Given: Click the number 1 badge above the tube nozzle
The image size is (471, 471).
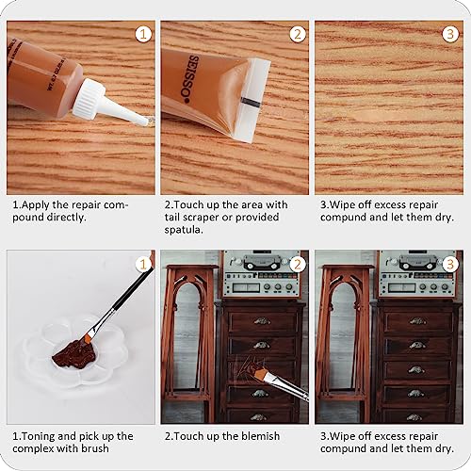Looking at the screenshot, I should click(x=142, y=34).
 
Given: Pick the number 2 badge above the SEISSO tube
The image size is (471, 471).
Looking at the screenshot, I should click(x=297, y=34).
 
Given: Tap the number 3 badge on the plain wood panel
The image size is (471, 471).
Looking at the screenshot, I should click(x=450, y=34).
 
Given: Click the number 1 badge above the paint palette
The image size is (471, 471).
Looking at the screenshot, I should click(x=142, y=264).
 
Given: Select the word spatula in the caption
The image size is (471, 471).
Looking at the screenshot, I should click(x=186, y=230).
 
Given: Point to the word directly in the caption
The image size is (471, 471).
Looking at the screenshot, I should click(x=89, y=217).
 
